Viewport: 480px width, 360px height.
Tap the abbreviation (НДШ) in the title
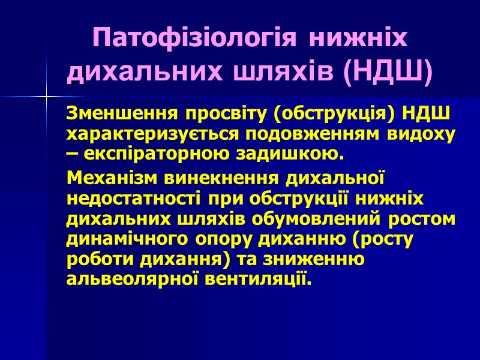[388, 71]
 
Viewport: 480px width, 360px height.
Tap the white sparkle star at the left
[47, 97]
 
